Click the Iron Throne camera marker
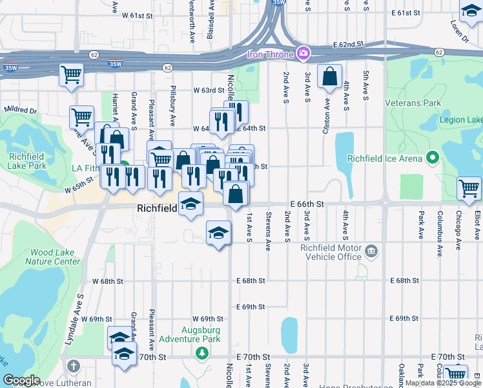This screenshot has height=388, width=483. pos(302,53)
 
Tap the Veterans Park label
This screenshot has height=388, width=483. pos(413,103)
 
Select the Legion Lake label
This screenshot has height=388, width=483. pos(460,120)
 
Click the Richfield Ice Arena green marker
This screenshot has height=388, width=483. pos(432,158)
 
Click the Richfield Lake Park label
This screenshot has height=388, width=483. pos(28,161)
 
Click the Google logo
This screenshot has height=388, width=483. pos(22,380)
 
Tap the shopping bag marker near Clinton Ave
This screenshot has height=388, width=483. pos(329,76)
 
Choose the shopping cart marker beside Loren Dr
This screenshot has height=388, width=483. pos(471,10)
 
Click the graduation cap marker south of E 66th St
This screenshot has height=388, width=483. pos(218,232)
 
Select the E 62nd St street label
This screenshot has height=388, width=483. pos(349,45)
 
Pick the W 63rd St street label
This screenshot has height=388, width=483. pos(209,91)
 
